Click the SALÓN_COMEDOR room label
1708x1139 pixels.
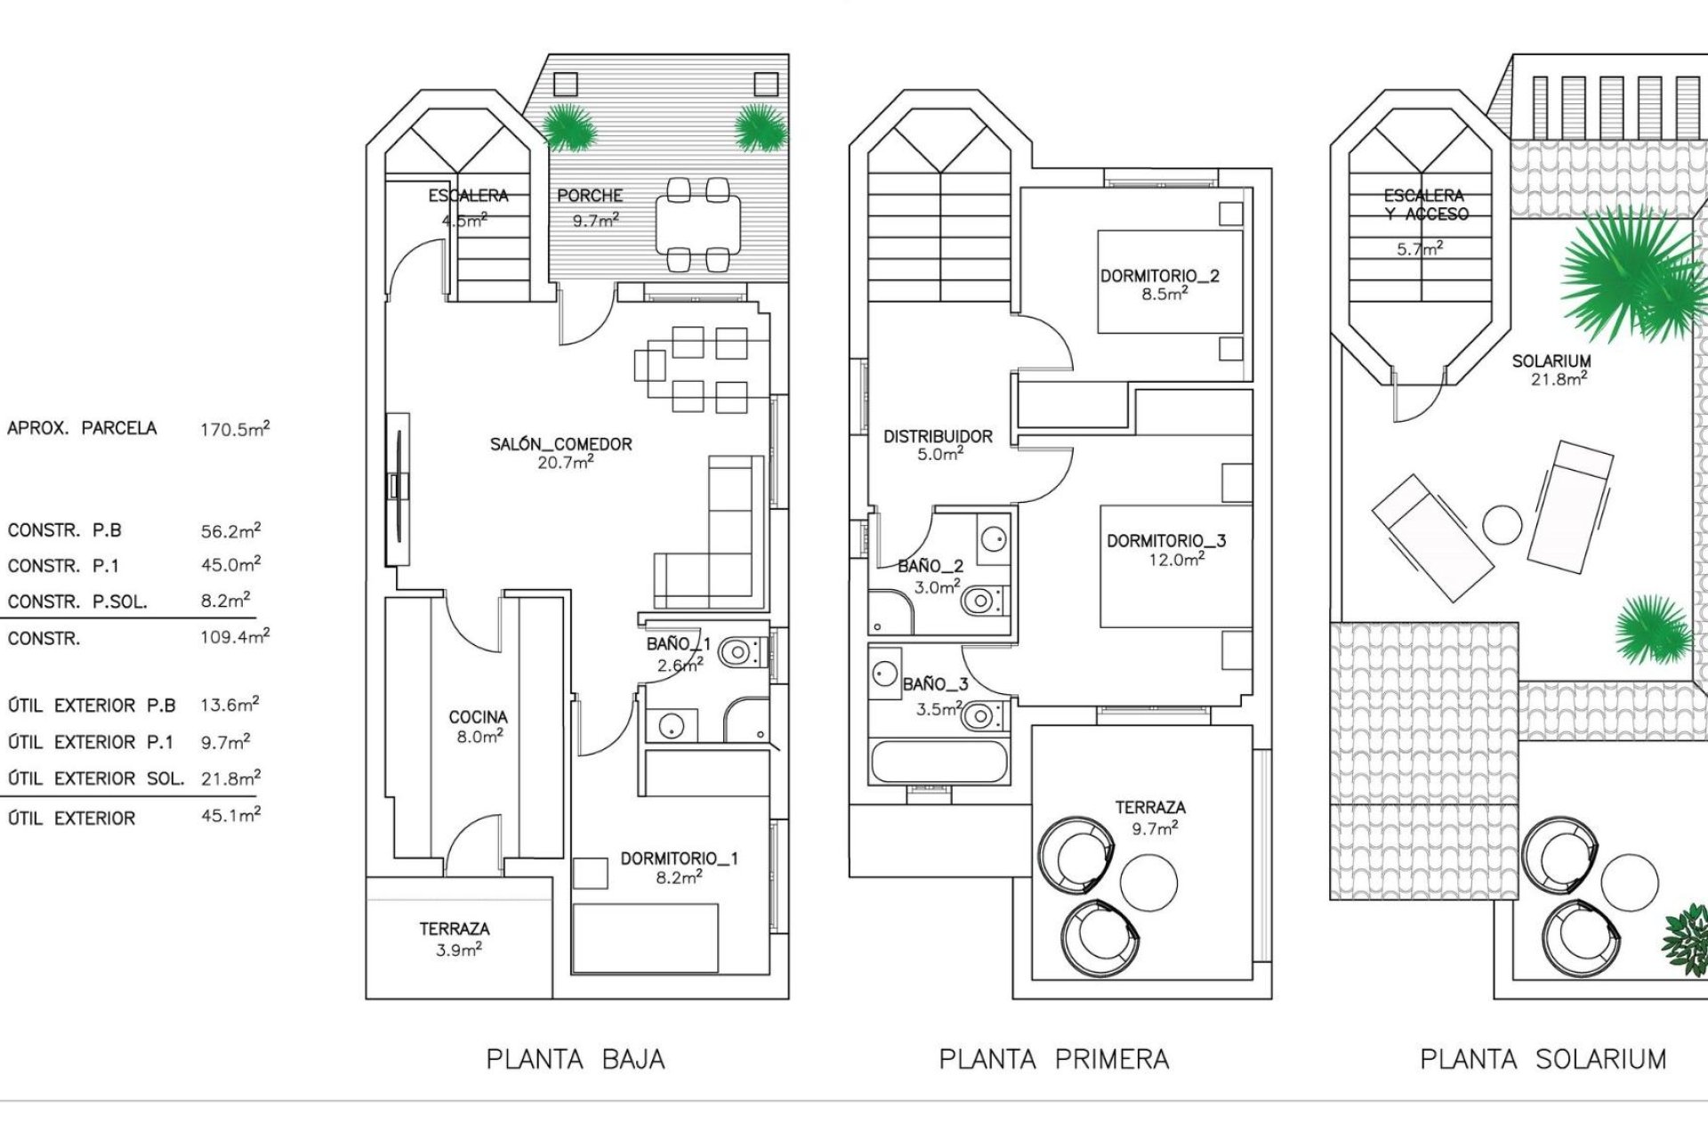(x=561, y=444)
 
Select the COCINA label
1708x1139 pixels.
(x=478, y=717)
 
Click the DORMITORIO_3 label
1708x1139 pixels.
(x=1166, y=541)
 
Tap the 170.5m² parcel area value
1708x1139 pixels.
(x=234, y=429)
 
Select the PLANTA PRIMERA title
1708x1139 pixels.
(x=1054, y=1059)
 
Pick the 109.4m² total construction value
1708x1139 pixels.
(x=234, y=637)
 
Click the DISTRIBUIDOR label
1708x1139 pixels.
(x=938, y=436)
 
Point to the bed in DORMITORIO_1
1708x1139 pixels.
(x=645, y=938)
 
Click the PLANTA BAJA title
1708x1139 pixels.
(x=576, y=1059)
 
